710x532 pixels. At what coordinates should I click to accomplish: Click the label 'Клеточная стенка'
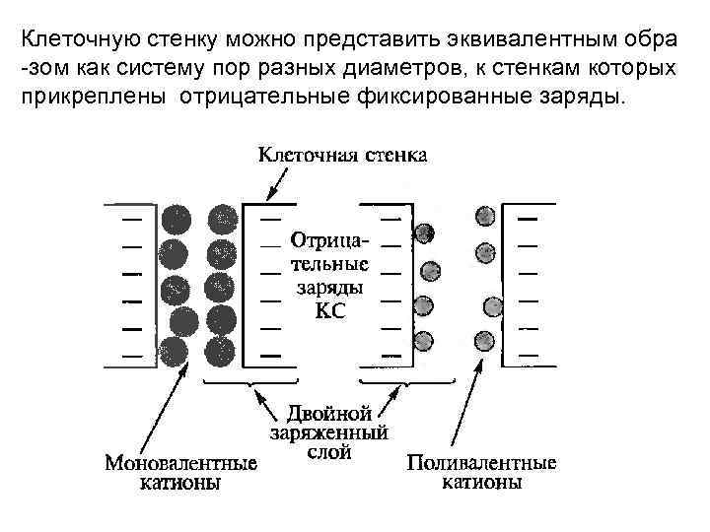343,156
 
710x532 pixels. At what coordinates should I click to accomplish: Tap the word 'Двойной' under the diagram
328,412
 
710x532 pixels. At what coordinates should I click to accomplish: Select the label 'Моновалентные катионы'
180,472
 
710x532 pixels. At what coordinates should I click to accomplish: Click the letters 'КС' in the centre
329,311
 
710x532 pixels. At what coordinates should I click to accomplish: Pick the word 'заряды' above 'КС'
329,288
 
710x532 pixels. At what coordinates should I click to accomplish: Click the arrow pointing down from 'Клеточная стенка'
277,185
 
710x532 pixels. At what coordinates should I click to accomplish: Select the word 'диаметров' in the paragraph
414,69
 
